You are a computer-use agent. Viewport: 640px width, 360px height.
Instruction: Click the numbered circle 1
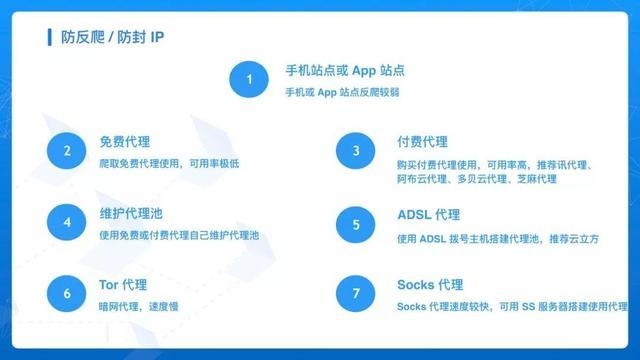pos(249,79)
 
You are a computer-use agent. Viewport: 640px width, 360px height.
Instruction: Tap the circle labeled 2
pos(67,151)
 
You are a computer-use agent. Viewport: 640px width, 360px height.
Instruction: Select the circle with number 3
pos(356,151)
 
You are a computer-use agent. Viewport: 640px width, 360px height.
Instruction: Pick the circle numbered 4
pos(67,222)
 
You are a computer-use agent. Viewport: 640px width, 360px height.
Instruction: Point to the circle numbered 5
pos(356,224)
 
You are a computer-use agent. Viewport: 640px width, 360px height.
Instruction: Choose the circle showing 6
pos(67,293)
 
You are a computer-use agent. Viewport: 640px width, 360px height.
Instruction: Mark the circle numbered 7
pos(356,293)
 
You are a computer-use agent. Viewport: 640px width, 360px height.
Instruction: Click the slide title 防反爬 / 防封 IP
pos(112,37)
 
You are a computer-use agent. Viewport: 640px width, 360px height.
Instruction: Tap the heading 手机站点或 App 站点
pos(345,70)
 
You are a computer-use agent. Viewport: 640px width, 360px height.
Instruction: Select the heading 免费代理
pos(124,142)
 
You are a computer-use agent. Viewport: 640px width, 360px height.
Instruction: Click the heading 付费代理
pos(422,142)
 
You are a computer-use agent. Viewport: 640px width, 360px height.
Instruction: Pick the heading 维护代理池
pos(131,213)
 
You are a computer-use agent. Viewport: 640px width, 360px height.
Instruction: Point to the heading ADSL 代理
pos(429,214)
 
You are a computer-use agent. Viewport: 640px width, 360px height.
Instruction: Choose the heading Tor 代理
pos(123,284)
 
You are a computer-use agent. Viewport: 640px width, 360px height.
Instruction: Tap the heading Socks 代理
pos(430,284)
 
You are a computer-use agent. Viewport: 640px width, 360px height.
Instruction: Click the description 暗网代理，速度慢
pos(139,307)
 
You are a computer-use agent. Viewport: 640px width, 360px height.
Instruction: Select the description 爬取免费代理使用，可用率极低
pos(169,164)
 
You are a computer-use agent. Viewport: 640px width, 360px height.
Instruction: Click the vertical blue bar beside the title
pos(49,37)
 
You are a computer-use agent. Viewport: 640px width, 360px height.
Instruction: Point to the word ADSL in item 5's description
pos(433,239)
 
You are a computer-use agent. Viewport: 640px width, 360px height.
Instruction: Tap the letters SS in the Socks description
pos(528,307)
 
